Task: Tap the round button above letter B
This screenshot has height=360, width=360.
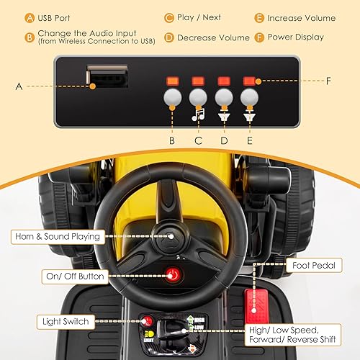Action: click(171, 97)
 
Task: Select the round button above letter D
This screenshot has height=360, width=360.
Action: click(224, 97)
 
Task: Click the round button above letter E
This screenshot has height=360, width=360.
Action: click(250, 97)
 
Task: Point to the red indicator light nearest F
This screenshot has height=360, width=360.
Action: click(250, 81)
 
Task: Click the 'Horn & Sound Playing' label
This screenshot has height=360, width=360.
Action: click(55, 235)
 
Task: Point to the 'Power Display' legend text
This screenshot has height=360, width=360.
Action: click(295, 36)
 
